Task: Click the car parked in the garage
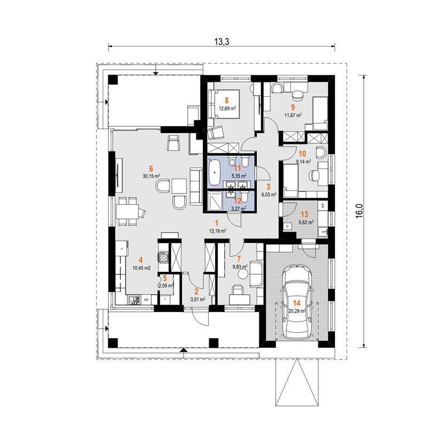pos(297,302)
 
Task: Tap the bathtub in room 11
pos(215,172)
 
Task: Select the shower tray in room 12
pos(215,201)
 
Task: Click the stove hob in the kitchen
pos(164,257)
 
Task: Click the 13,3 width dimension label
pos(221,42)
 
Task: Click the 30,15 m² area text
pos(151,176)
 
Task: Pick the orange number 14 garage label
pos(296,302)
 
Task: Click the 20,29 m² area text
pos(297,310)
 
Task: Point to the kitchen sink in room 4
pos(134,300)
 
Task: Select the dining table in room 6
pos(127,211)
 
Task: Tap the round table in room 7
pos(242,274)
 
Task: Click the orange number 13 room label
pos(304,215)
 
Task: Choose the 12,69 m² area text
pos(227,108)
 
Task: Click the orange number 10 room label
pos(302,154)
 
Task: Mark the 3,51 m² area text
pos(198,300)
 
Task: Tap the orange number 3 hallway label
pos(269,186)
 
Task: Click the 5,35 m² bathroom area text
pos(239,176)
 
